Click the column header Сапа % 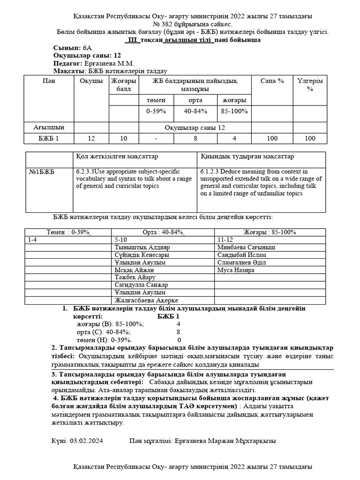click(x=272, y=81)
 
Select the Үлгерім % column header click(x=310, y=84)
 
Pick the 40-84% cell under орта click(x=195, y=112)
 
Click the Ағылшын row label click(x=49, y=127)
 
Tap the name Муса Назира click(x=236, y=270)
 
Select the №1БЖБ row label click(x=41, y=172)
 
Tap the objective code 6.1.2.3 click(x=210, y=172)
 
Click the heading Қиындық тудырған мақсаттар click(x=247, y=156)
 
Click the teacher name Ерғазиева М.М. click(x=109, y=63)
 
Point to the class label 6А click(x=88, y=48)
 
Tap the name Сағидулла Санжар click(x=141, y=285)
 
